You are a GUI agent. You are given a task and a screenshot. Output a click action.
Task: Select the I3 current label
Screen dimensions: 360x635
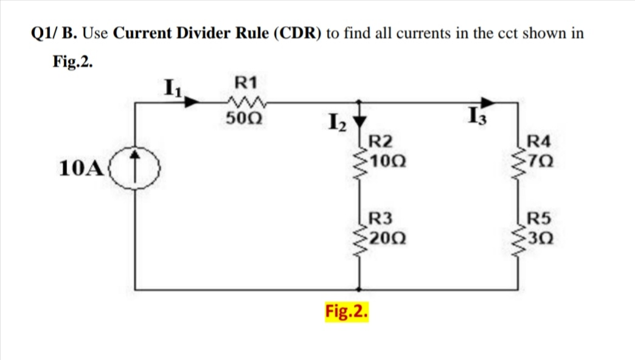tap(476, 115)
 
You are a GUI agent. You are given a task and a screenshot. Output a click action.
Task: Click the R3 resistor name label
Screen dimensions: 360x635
tap(381, 218)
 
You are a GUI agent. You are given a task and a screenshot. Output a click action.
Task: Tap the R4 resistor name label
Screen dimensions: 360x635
tap(539, 144)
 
